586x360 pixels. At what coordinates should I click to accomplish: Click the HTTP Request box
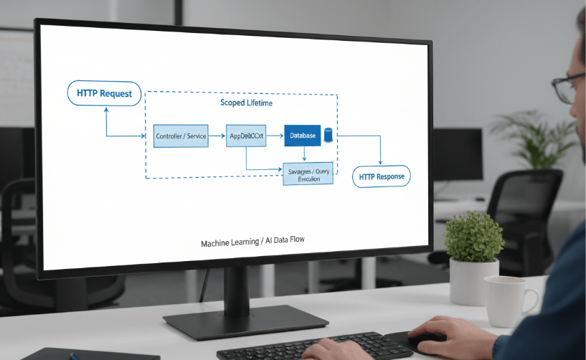coord(104,94)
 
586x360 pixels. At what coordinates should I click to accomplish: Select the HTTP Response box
coord(381,176)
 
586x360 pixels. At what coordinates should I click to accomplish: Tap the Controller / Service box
coord(181,136)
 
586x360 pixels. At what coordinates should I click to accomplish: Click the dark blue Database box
coord(302,135)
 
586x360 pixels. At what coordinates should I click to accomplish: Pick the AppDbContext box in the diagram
coord(247,136)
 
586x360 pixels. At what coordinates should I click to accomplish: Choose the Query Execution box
coord(308,174)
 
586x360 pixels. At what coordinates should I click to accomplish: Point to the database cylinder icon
coord(329,135)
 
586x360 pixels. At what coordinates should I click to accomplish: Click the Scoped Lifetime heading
coord(246,103)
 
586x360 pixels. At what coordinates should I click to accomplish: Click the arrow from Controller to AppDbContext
coord(217,136)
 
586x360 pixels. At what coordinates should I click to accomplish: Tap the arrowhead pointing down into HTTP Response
coord(380,162)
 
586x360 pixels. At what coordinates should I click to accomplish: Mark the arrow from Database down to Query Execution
coord(305,154)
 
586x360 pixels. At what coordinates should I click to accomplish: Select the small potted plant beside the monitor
coord(473,247)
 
